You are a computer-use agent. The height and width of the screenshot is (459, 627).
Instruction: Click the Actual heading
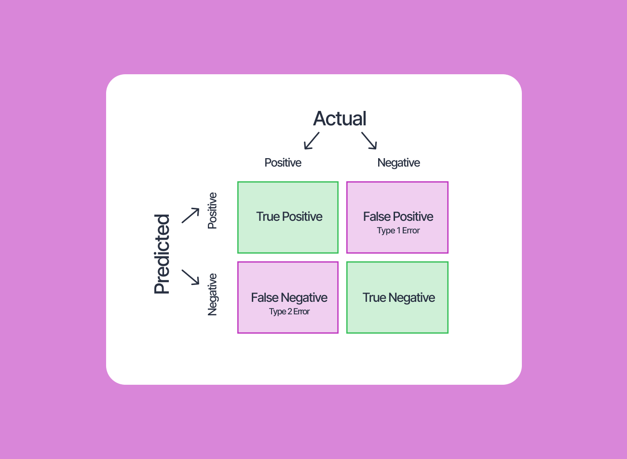tap(340, 119)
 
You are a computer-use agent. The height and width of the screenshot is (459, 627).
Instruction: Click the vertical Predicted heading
tap(162, 254)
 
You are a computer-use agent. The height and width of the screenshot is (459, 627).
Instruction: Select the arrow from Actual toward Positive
tap(312, 140)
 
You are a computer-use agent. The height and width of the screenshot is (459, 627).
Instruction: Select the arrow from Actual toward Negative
tap(369, 140)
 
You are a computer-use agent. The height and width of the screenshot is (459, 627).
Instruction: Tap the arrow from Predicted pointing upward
tap(191, 215)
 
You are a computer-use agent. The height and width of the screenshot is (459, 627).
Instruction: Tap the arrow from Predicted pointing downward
tap(191, 277)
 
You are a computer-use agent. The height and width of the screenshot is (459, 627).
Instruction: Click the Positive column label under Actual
tap(283, 162)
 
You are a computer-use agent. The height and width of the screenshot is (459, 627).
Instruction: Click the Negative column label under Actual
tap(398, 162)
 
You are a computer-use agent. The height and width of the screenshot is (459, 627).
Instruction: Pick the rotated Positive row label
tap(212, 211)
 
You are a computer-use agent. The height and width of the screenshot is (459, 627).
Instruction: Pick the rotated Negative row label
tap(212, 295)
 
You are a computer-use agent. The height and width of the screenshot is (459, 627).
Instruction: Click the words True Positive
tap(289, 216)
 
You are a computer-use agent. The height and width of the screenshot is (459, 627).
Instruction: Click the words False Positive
tap(398, 216)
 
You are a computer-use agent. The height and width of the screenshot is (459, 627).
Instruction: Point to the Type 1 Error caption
tap(398, 230)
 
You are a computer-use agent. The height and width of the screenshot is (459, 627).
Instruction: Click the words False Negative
tap(289, 297)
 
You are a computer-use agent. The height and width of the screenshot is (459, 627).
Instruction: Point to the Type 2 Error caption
tap(289, 311)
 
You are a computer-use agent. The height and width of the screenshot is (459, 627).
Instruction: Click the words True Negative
tap(398, 297)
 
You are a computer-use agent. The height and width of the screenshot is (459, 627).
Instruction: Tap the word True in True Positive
tap(268, 216)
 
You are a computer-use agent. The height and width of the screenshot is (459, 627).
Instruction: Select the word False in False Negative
tap(265, 297)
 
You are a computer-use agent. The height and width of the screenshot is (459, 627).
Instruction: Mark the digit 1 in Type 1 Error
tap(399, 230)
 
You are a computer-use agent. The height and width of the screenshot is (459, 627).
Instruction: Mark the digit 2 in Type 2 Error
tap(289, 311)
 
